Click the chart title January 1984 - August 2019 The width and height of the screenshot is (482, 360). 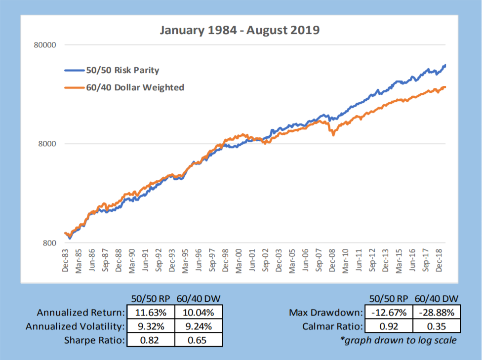click(240, 31)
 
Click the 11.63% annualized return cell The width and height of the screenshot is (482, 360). click(151, 312)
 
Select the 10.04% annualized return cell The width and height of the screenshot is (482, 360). click(198, 312)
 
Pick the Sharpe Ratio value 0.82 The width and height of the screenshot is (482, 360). click(151, 340)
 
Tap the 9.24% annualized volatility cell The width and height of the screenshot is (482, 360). click(198, 326)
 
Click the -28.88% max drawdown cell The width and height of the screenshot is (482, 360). click(437, 312)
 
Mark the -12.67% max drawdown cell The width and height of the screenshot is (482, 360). click(389, 312)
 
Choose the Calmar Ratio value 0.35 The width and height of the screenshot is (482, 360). click(437, 326)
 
